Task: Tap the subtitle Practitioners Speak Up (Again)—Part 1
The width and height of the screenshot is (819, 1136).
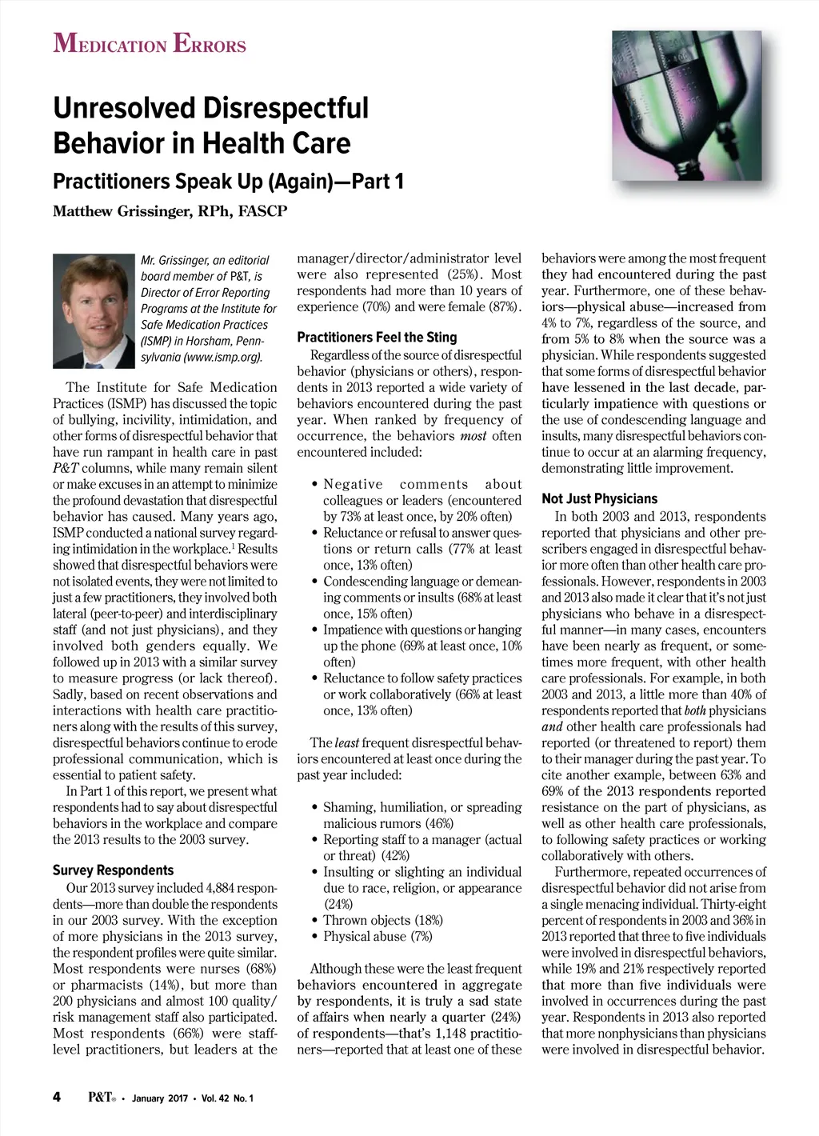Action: pos(228,182)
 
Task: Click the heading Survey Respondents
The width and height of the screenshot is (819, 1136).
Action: pos(113,870)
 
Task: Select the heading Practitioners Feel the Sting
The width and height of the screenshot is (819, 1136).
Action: pos(377,337)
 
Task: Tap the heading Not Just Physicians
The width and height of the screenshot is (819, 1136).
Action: pos(599,498)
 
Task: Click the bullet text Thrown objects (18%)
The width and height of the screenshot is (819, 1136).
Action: pos(383,920)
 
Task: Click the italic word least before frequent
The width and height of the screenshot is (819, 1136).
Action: pos(346,743)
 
